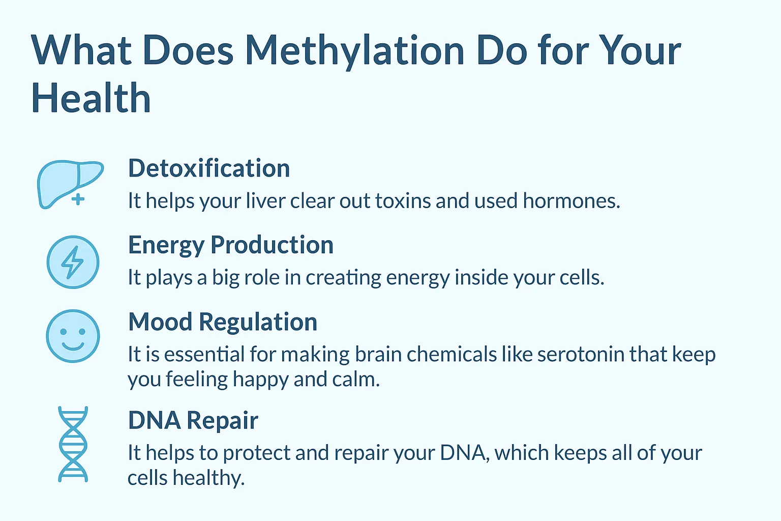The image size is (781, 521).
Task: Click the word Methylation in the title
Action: (x=354, y=51)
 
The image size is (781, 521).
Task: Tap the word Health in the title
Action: (x=91, y=98)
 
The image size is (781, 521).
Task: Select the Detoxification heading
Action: (x=209, y=168)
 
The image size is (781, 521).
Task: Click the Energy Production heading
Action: (x=231, y=245)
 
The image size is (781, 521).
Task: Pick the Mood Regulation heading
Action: (x=223, y=322)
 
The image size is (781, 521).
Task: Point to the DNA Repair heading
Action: (x=193, y=420)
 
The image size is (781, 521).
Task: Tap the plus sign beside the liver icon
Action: (x=78, y=199)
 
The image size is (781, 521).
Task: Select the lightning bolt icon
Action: (x=72, y=262)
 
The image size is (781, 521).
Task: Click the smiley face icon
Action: (x=73, y=336)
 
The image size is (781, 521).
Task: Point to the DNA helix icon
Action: (x=73, y=444)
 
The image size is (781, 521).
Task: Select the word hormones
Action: (x=571, y=201)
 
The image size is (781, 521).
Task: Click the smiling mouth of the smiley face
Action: (x=73, y=346)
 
